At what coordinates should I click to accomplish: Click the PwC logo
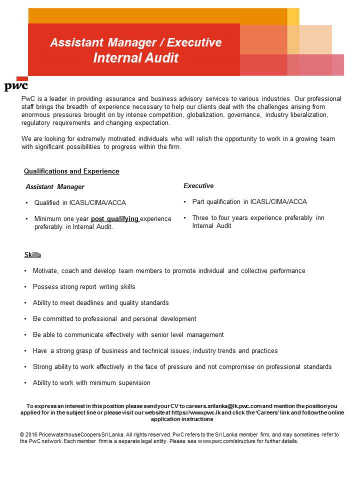(16, 85)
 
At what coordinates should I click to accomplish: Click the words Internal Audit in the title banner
(135, 58)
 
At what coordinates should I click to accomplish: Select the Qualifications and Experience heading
(71, 171)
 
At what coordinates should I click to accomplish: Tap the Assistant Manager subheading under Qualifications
(55, 187)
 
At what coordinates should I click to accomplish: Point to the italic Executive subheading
(198, 186)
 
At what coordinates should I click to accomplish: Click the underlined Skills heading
(32, 255)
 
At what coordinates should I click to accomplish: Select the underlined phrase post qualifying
(115, 219)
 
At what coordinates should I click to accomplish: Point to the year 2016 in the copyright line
(32, 435)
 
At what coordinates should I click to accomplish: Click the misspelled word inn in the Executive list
(320, 218)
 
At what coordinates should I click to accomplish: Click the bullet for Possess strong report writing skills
(25, 287)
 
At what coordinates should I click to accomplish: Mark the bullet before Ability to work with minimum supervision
(25, 383)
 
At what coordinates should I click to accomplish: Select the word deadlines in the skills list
(88, 303)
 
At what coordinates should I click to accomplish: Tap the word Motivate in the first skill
(45, 271)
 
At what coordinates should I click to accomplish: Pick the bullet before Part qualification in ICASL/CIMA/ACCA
(185, 202)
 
